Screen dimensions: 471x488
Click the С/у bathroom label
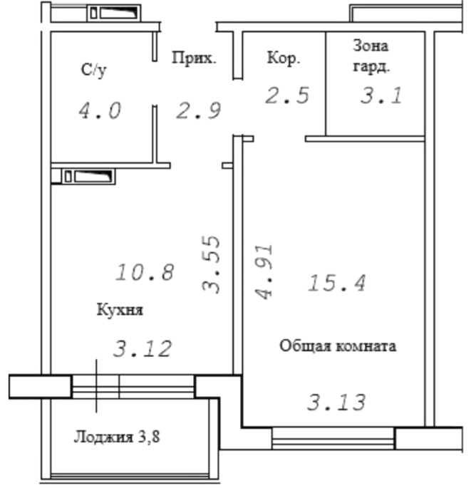[93, 71]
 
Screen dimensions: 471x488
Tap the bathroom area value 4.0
[100, 111]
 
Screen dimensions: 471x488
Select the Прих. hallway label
[194, 58]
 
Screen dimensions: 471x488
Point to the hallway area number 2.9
[199, 110]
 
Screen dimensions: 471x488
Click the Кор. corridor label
[284, 58]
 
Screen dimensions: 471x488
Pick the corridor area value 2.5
[287, 95]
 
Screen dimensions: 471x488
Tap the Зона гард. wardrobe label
[371, 56]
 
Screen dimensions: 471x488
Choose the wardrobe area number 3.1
[381, 95]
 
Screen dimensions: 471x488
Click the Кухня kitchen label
[120, 310]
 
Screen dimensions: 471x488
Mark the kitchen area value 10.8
[145, 272]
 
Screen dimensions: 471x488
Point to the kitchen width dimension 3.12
[143, 348]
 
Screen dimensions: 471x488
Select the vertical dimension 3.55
[211, 265]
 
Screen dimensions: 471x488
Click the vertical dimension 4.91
[264, 272]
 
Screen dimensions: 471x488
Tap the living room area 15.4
[337, 284]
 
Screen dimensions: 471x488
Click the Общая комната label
[338, 346]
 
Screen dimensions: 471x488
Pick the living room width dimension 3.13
[336, 402]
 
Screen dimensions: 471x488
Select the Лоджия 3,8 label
[117, 437]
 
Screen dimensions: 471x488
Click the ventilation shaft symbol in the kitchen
[89, 177]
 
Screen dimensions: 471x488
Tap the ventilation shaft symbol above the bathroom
[114, 13]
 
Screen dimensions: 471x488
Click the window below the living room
[333, 439]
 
